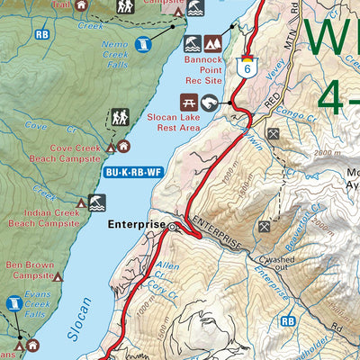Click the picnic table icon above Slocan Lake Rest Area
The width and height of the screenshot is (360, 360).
click(190, 102)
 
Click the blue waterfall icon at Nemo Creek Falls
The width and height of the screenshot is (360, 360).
click(143, 43)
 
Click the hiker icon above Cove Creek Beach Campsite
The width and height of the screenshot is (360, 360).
click(119, 117)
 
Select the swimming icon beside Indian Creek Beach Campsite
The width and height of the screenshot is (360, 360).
click(96, 204)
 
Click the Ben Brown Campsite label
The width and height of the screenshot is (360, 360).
click(30, 270)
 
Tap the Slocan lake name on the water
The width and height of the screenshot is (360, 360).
click(79, 319)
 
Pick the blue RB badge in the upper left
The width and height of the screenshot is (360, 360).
click(40, 34)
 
